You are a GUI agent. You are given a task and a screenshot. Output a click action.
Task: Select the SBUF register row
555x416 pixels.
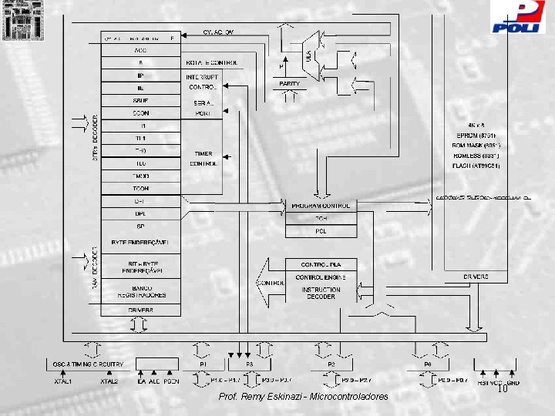(140, 100)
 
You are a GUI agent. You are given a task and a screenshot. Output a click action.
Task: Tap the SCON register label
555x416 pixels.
(140, 112)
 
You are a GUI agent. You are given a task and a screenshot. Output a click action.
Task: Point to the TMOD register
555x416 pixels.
(140, 176)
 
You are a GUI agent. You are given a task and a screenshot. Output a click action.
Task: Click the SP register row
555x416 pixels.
(140, 226)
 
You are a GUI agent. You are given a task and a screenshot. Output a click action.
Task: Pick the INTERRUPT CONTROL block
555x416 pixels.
(203, 82)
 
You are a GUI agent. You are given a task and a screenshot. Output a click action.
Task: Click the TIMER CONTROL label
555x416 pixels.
(203, 159)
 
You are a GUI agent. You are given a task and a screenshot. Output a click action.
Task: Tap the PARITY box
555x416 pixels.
(290, 83)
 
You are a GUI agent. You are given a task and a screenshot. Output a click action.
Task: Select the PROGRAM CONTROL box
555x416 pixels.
(321, 206)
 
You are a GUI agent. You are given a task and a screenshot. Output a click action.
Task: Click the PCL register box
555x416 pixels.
(321, 230)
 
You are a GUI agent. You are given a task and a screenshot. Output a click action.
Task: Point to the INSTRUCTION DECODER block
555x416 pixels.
(321, 293)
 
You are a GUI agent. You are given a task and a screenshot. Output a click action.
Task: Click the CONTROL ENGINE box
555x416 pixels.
(321, 277)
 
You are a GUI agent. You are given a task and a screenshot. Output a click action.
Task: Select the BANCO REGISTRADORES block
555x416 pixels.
(141, 292)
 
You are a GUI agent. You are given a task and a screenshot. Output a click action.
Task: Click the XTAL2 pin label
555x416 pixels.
(109, 381)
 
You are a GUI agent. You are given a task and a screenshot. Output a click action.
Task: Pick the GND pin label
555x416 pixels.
(513, 381)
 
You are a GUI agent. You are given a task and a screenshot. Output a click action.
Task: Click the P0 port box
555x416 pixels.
(427, 363)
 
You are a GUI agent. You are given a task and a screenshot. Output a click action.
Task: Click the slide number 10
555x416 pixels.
(502, 391)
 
